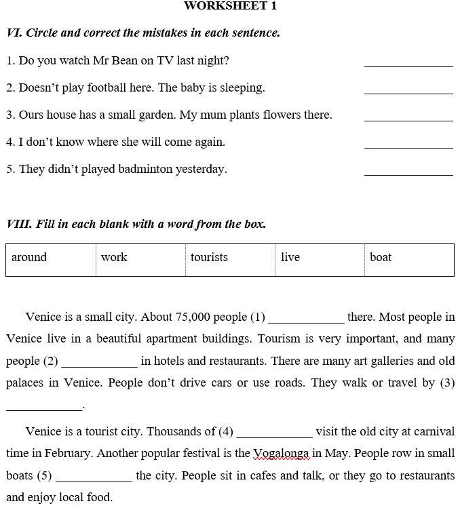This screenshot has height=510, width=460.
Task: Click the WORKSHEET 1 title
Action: (230, 6)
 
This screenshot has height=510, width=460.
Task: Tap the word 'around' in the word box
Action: (29, 257)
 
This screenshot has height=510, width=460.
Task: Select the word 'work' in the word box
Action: (114, 257)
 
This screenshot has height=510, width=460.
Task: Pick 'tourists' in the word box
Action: (209, 257)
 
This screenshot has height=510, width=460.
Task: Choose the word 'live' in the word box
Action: (290, 257)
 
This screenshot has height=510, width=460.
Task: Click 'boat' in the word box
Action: (381, 257)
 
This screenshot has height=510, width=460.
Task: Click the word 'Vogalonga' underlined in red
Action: (282, 453)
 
